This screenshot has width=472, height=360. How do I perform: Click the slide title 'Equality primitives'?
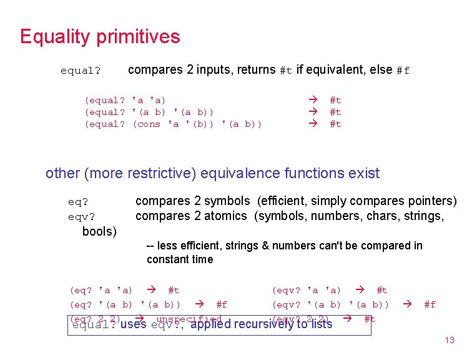100,36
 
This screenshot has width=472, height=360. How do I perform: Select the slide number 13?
449,340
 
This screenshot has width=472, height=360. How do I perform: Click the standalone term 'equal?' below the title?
80,71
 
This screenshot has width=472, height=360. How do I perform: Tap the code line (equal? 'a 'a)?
125,100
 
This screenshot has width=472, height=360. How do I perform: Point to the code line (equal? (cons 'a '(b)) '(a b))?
173,124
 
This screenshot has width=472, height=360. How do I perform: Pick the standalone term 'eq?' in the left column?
79,202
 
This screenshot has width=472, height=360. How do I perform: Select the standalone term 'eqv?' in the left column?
82,217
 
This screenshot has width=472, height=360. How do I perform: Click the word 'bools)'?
99,231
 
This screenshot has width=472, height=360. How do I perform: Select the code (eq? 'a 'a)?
101,290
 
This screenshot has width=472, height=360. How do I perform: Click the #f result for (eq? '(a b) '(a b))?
221,305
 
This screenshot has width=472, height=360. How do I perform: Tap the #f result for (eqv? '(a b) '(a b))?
430,305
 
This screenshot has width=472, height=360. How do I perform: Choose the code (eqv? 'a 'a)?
306,290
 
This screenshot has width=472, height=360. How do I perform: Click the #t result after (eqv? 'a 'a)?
381,290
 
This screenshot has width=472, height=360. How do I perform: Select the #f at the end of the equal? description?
403,71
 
